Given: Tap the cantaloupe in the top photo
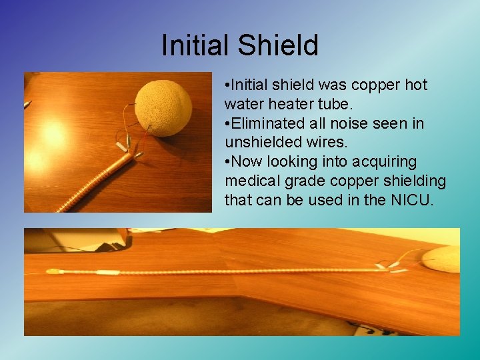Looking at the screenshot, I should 163,107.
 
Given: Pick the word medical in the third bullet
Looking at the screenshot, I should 251,181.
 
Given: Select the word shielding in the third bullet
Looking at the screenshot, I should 415,181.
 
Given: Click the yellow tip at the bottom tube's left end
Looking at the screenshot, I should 52,272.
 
